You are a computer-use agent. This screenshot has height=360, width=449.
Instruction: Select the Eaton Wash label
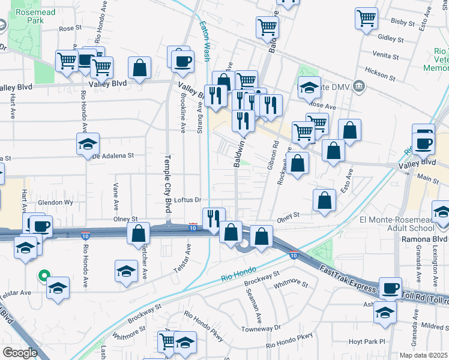205,43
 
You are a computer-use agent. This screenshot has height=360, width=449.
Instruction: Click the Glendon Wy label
55,203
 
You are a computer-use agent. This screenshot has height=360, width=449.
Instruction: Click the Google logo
20,353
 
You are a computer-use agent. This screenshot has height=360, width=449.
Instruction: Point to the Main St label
428,178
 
